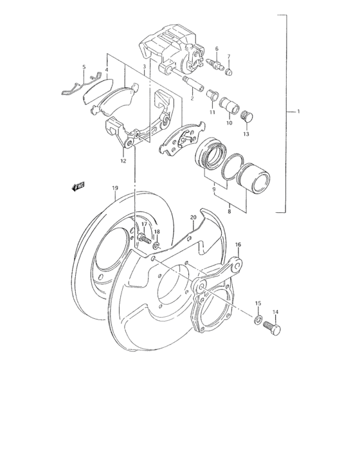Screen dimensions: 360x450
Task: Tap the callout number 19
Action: pos(115,188)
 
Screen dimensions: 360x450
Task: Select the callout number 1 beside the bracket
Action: pos(298,111)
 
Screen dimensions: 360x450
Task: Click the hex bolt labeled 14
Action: pos(271,328)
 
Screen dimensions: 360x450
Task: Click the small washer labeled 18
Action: pos(156,246)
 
